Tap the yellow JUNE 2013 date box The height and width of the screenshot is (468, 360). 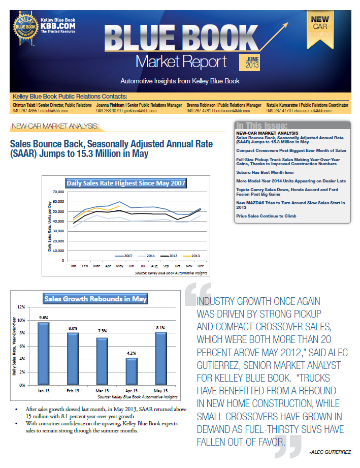click(249, 63)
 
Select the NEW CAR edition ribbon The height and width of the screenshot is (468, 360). click(320, 28)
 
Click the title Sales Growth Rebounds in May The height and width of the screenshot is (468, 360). click(95, 299)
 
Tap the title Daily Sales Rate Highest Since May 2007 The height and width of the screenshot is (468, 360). click(126, 183)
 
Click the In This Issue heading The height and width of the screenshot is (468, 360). click(261, 126)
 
